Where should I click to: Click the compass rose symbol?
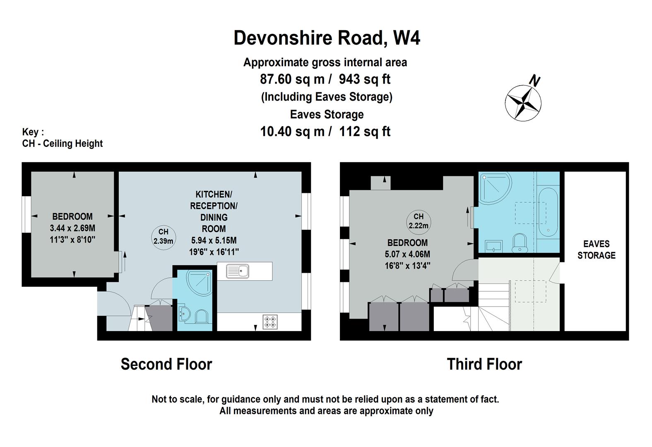(523, 103)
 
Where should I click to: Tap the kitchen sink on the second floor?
(238, 271)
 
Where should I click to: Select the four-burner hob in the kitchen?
(270, 322)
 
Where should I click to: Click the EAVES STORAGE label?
(597, 250)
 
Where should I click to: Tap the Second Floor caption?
(166, 364)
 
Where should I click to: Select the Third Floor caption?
(484, 364)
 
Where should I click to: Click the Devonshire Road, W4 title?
(327, 38)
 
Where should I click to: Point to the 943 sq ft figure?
(364, 79)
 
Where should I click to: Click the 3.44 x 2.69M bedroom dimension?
(72, 228)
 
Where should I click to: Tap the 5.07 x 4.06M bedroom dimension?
(407, 254)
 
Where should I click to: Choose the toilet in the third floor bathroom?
(520, 243)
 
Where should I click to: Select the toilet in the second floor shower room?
(202, 316)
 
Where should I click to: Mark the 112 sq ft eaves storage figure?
(364, 132)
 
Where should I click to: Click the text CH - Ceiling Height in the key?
(62, 144)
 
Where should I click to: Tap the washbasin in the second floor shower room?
(184, 313)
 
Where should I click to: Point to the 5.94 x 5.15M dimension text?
(214, 240)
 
